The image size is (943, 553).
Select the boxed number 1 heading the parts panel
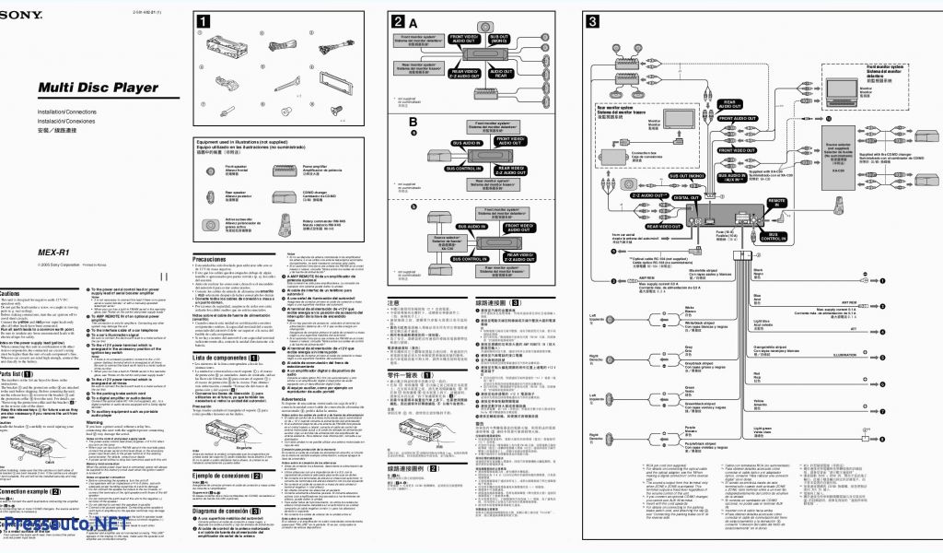(202, 21)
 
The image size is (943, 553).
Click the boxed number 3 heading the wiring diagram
(592, 21)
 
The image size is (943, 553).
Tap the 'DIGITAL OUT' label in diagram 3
(685, 196)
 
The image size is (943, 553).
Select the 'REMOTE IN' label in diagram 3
(776, 200)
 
